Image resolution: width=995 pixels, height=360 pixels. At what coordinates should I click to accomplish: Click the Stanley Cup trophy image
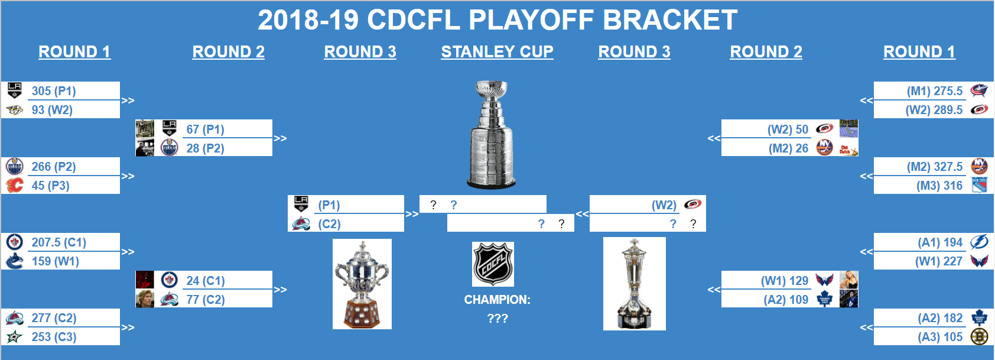click(492, 136)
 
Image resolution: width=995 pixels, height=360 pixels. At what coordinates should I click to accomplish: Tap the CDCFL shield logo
click(493, 264)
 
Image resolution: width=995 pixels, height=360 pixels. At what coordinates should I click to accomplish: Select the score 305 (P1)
click(54, 91)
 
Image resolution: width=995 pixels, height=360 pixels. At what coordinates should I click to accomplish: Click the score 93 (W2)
click(52, 110)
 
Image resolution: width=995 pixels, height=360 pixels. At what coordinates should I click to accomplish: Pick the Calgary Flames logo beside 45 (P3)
click(15, 185)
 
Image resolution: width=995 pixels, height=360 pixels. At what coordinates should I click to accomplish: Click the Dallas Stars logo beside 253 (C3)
click(15, 337)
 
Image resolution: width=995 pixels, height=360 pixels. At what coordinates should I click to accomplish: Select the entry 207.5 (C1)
click(58, 242)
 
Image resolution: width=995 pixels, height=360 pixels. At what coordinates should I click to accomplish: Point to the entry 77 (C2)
click(205, 299)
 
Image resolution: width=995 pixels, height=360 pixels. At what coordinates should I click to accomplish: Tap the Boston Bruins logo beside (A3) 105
click(979, 337)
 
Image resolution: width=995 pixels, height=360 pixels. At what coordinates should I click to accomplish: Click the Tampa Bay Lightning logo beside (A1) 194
click(979, 242)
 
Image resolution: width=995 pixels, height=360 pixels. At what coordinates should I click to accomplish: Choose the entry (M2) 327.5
click(934, 167)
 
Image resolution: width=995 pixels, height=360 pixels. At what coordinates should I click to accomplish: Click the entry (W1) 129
click(784, 281)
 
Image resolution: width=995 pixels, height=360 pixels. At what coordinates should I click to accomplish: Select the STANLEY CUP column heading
click(497, 52)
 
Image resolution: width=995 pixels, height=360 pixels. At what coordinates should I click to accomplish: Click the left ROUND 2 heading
click(228, 52)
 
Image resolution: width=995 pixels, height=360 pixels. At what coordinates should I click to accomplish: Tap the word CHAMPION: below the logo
click(497, 300)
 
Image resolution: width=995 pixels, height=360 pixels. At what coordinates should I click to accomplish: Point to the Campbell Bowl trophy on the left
click(362, 284)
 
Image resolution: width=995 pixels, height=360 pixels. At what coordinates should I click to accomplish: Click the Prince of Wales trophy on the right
click(634, 284)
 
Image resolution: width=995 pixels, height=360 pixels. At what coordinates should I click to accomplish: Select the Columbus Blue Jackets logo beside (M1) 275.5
click(979, 90)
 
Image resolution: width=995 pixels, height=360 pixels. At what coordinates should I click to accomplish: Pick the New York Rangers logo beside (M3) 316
click(979, 185)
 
